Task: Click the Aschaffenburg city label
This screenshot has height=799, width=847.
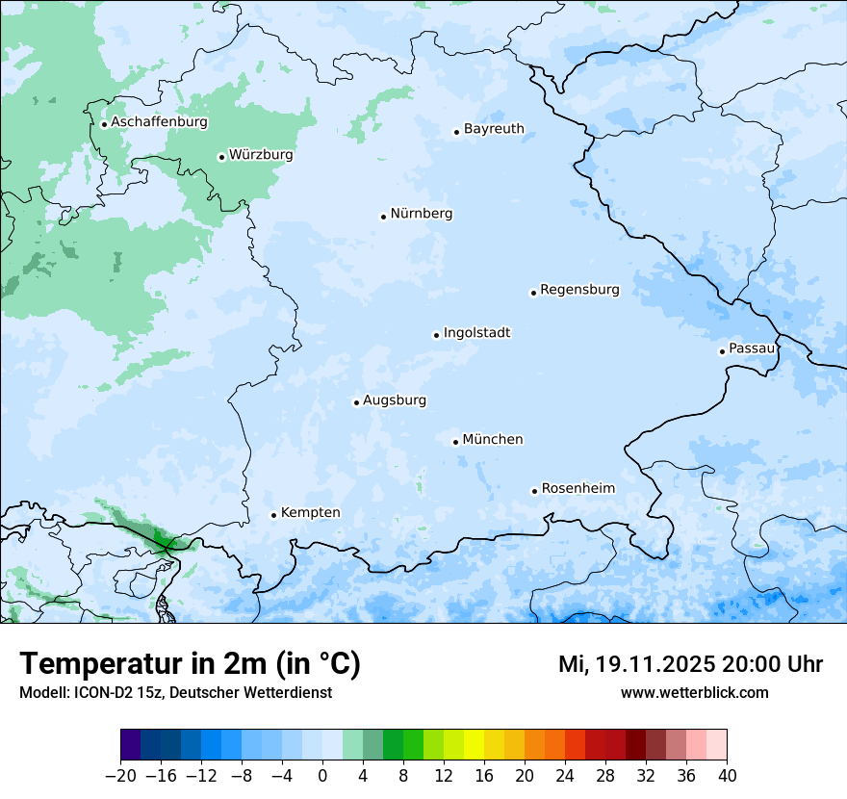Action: pos(159,122)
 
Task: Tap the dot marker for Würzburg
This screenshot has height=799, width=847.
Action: pos(221,157)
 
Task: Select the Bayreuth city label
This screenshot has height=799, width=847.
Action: pos(494,129)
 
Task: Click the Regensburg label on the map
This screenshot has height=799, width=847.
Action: pos(579,290)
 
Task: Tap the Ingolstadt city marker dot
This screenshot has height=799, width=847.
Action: pos(436,335)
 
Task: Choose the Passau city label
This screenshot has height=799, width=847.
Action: pos(752,348)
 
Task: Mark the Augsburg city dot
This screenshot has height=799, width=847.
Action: pos(356,402)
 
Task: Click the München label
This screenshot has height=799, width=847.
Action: pos(493,440)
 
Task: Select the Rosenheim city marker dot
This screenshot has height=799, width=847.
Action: pos(534,491)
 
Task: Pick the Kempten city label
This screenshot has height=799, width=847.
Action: pos(310,513)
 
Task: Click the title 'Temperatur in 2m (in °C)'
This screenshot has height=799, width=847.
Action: pos(190,664)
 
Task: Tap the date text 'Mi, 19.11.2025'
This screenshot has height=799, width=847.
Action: pos(635,664)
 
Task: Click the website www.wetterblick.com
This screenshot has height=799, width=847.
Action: pos(694,692)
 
